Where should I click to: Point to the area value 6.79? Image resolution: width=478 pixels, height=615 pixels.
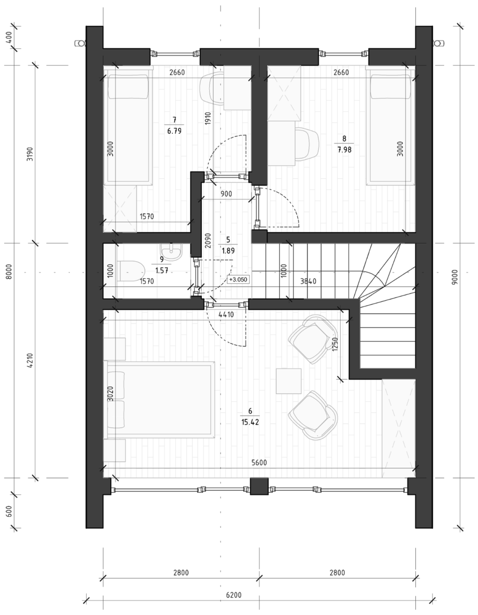pos(174,131)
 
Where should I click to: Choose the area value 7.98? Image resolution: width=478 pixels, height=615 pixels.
pos(344,150)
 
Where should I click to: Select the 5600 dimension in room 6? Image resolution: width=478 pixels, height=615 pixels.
pos(259,463)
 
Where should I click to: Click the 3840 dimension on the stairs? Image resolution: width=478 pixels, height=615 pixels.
pos(308,281)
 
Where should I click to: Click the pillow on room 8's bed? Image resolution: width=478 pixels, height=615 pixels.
pos(390,86)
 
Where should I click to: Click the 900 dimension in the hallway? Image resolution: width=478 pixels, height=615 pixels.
pos(226,194)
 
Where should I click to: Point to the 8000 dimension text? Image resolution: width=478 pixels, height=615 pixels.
pos(10,272)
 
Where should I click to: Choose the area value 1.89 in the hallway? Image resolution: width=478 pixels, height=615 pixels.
pos(228,251)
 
